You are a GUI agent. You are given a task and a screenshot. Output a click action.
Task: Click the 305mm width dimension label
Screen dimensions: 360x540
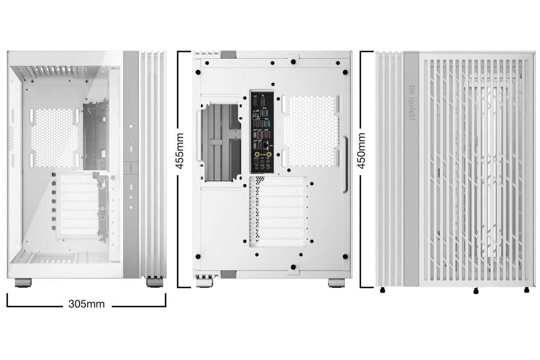[87, 304]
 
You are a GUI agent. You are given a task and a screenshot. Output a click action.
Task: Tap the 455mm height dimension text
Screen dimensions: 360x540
[180, 151]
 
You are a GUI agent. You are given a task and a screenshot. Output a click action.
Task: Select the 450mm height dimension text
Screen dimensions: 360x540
[362, 150]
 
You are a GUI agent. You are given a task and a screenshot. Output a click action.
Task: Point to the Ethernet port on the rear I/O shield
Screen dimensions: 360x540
[266, 146]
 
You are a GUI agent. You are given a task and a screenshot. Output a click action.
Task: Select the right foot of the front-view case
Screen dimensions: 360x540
[154, 283]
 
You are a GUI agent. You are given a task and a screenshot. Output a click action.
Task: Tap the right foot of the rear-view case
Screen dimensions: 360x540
[336, 283]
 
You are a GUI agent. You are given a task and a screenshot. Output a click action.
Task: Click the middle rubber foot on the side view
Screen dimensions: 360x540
[476, 291]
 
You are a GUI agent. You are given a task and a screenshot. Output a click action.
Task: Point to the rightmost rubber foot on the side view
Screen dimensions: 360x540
[527, 290]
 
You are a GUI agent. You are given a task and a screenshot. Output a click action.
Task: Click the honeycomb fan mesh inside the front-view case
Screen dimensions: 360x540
[54, 138]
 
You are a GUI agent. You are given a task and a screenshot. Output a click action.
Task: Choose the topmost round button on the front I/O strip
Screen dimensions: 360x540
[131, 126]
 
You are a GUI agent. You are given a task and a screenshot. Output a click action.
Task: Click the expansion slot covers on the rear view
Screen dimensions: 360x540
[278, 211]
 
